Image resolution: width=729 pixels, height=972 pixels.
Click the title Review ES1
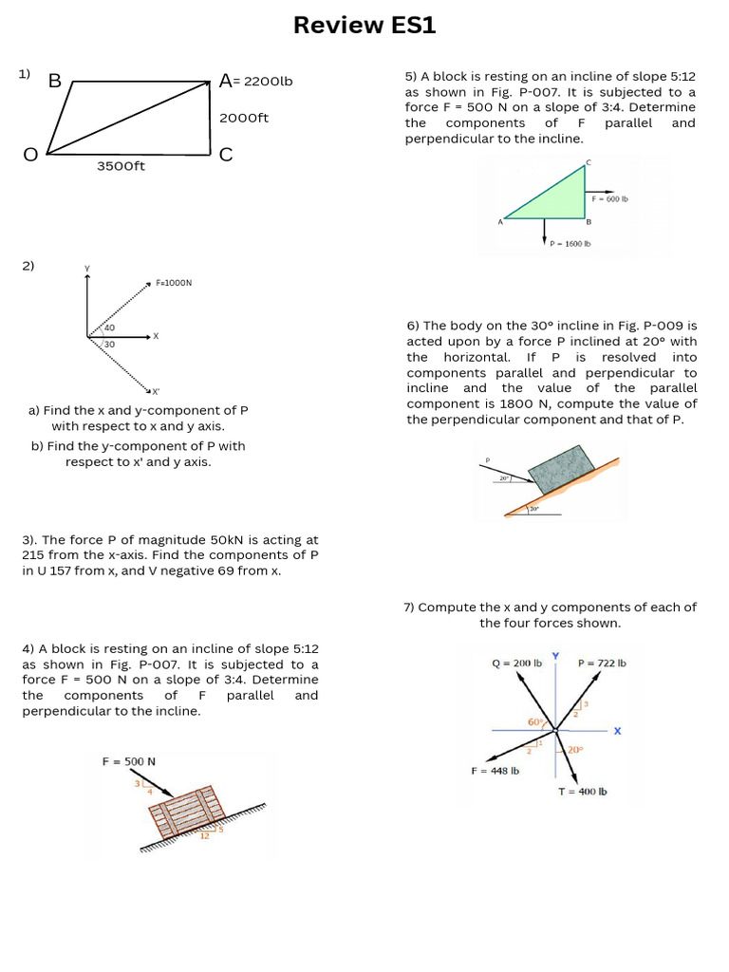point(364,26)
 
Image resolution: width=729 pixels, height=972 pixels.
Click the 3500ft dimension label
point(121,166)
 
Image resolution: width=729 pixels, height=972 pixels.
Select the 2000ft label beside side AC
point(245,118)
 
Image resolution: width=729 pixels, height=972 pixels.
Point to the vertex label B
point(54,82)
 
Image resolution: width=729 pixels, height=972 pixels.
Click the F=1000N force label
point(174,283)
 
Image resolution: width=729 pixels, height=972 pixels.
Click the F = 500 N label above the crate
point(129,761)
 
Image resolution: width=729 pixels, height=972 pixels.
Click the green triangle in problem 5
point(560,198)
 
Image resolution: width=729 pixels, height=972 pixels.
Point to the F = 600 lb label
point(610,199)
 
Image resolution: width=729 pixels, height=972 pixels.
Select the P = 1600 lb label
point(570,244)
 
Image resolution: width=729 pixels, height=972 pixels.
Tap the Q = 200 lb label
point(516,664)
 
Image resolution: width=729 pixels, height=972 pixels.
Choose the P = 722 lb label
point(602,664)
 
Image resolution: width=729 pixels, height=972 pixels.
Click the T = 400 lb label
point(582,791)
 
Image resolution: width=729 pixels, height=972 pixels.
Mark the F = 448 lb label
point(495,771)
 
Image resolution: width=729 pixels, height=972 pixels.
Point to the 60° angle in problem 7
point(534,722)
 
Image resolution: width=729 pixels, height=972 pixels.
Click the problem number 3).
point(29,539)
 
